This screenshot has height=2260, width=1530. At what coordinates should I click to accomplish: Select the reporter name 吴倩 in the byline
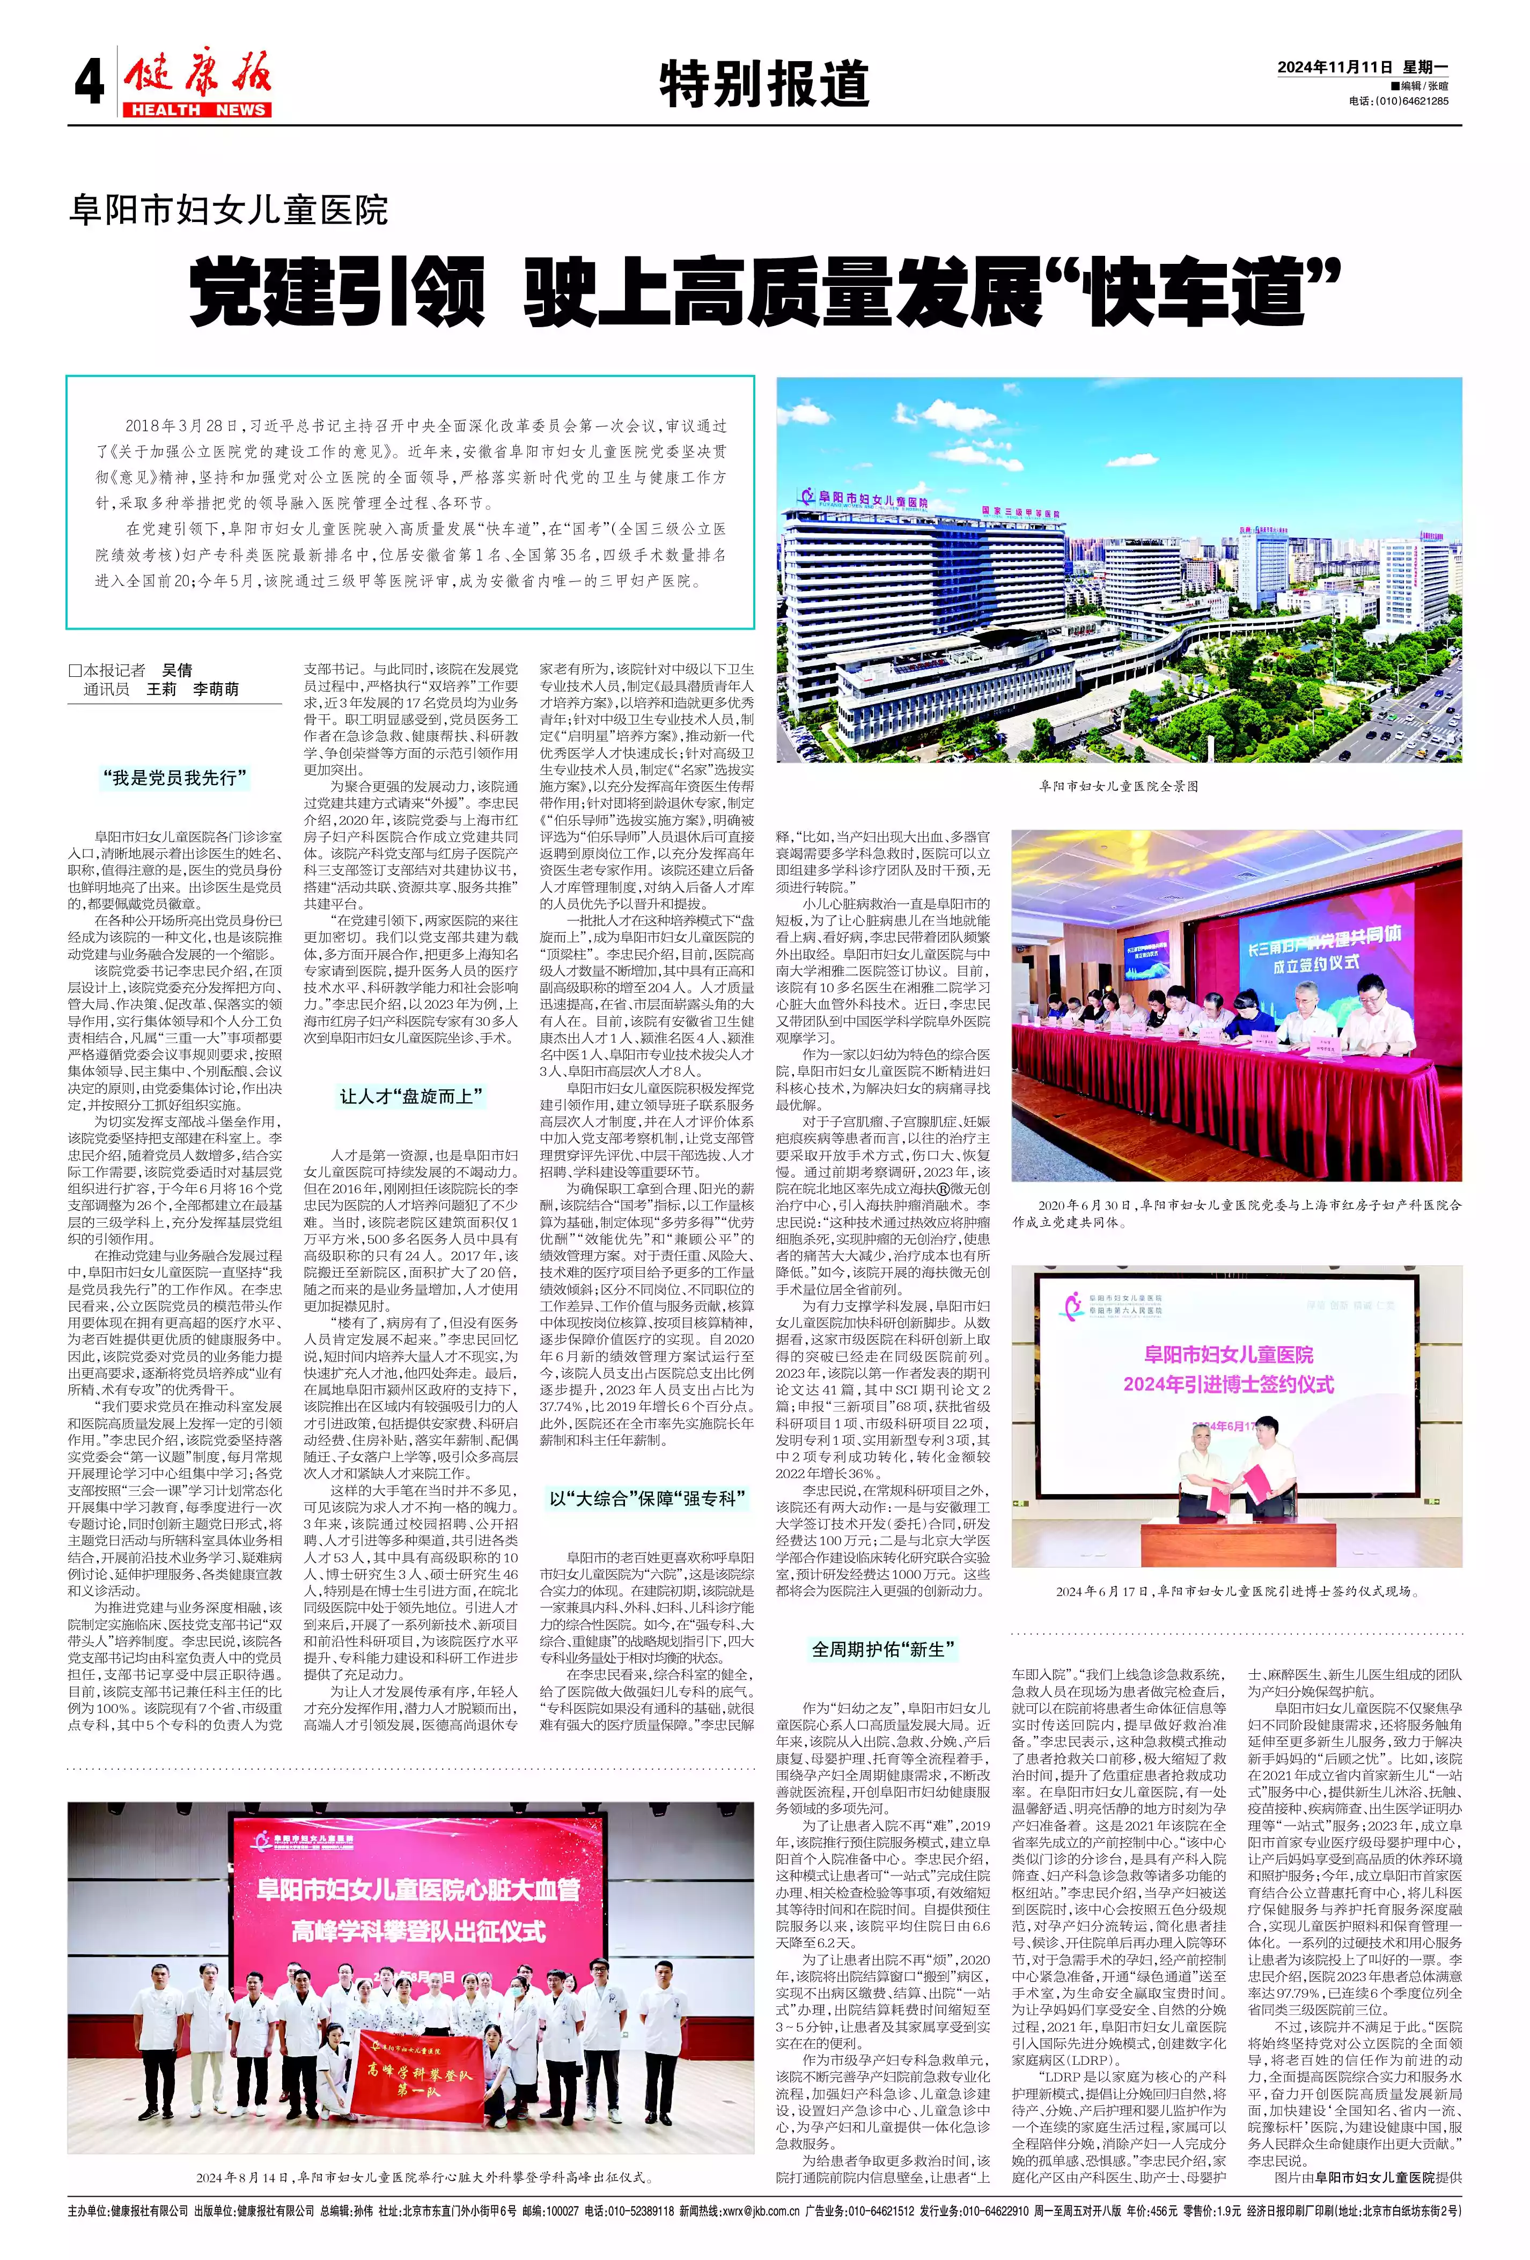click(x=177, y=670)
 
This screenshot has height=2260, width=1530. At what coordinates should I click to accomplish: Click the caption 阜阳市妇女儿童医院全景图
click(x=1119, y=786)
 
